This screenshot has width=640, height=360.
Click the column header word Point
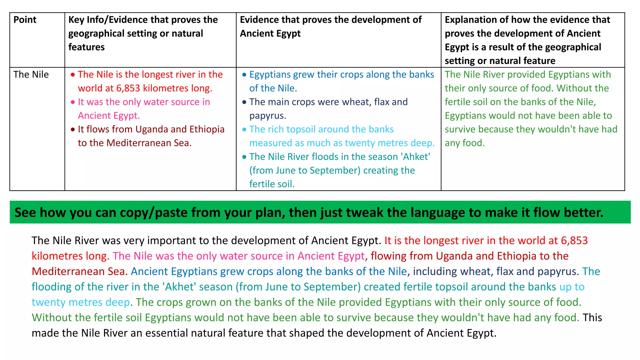click(x=25, y=20)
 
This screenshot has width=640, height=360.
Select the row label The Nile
click(x=31, y=74)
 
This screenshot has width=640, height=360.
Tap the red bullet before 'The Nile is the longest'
click(x=72, y=75)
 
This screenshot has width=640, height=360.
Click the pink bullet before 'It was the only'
click(x=72, y=102)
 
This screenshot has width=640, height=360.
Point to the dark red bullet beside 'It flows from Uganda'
click(x=72, y=129)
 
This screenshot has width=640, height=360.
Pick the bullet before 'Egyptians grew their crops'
click(x=244, y=75)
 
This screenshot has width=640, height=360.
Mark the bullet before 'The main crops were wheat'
click(x=244, y=102)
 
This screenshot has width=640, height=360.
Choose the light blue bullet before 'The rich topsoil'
click(x=244, y=129)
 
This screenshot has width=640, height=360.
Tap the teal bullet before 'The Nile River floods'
click(x=244, y=157)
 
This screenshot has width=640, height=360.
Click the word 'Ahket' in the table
click(x=416, y=157)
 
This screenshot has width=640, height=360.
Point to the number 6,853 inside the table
click(x=128, y=88)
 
